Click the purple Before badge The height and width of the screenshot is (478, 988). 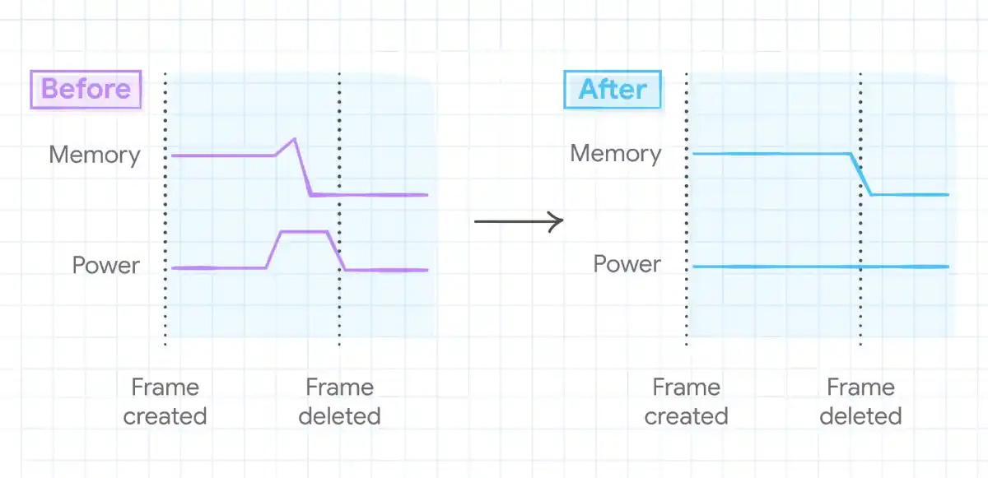pos(86,89)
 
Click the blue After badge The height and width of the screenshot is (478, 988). pos(613,89)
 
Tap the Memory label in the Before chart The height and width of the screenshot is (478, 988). pos(95,155)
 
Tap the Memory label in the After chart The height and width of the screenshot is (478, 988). pos(616,154)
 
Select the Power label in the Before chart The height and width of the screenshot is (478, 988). pos(106,266)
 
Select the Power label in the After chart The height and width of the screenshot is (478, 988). pos(627,264)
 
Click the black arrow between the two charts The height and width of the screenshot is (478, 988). pos(519,220)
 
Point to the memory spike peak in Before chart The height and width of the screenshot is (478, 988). pos(294,139)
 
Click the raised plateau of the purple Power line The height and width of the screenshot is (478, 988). pos(305,233)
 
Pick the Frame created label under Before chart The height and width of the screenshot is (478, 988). pos(165,401)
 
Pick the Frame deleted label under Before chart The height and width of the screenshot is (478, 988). pos(339,401)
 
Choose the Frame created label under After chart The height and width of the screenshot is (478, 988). pos(686,401)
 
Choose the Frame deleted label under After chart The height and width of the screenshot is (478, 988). pos(860,401)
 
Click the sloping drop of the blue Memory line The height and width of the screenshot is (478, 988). pos(861,174)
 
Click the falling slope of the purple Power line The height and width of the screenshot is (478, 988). pos(337,251)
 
